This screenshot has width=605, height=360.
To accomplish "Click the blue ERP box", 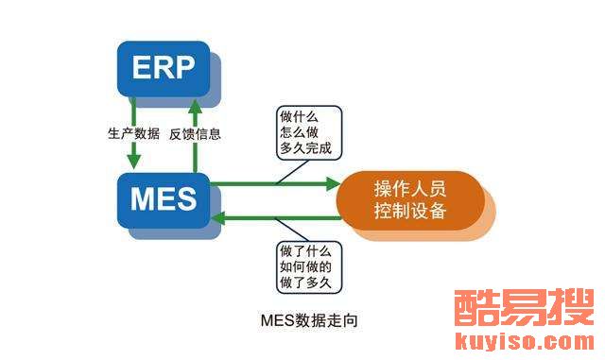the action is tap(164, 69).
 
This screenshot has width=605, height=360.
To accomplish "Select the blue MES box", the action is tap(164, 200).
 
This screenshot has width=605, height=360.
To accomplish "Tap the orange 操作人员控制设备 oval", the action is tap(410, 200).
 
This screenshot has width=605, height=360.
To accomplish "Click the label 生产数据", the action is tap(133, 134).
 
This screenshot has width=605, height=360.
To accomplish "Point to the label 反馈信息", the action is tap(195, 134).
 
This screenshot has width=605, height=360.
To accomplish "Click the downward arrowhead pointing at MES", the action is tap(134, 162).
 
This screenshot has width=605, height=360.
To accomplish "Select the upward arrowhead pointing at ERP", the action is tap(195, 107).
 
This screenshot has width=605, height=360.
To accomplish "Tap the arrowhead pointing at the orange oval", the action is tap(334, 183).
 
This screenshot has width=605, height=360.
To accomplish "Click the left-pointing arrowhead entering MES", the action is tap(218, 218).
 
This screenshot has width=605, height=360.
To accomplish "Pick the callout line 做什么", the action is tap(299, 117).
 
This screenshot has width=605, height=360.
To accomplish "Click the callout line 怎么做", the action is tap(299, 132).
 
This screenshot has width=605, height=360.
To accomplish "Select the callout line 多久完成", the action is tap(305, 147).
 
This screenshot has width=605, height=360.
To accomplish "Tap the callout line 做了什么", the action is tap(305, 251).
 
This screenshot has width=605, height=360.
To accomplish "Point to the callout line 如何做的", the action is tap(305, 266).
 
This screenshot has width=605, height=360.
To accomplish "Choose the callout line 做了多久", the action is tap(305, 283).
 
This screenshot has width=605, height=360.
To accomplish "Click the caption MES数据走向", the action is tap(309, 320).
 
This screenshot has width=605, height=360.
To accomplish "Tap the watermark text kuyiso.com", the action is tap(525, 341).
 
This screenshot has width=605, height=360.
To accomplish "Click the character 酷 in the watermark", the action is tap(476, 308).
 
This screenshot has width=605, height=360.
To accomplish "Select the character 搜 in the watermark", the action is tap(571, 308).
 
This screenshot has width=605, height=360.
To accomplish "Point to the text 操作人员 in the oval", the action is tap(410, 189).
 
